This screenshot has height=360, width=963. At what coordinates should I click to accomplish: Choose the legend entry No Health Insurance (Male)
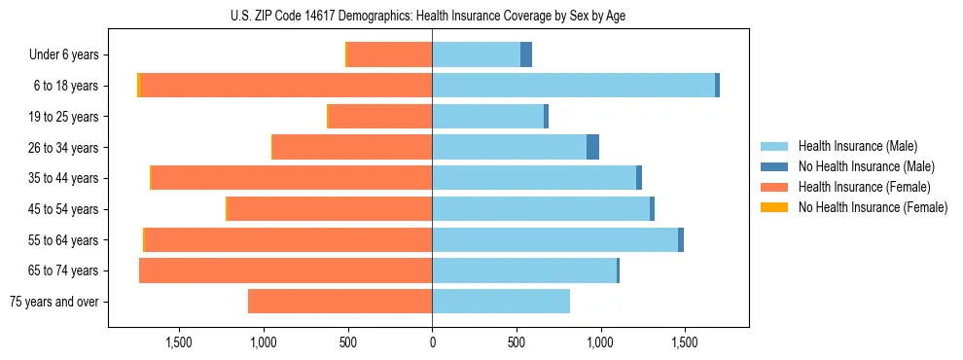click(x=866, y=166)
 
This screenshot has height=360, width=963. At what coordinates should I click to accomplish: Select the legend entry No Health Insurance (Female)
click(x=873, y=207)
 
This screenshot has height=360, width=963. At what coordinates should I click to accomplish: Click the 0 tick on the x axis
click(x=432, y=342)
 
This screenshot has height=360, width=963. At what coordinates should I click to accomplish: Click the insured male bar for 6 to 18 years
click(x=574, y=86)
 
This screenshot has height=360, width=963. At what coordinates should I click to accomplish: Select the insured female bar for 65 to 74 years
click(x=286, y=270)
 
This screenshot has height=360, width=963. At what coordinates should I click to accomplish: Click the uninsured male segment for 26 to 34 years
click(x=592, y=147)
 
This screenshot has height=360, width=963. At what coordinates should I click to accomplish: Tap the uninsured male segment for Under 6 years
click(x=526, y=54)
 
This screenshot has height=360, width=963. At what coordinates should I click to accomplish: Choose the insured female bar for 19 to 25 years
click(x=380, y=117)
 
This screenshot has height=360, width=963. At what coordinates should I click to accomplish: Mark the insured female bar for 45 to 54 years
click(x=330, y=209)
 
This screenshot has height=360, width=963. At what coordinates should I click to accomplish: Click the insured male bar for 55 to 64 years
click(x=554, y=239)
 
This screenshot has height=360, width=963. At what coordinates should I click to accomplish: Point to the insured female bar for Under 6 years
click(x=389, y=54)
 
